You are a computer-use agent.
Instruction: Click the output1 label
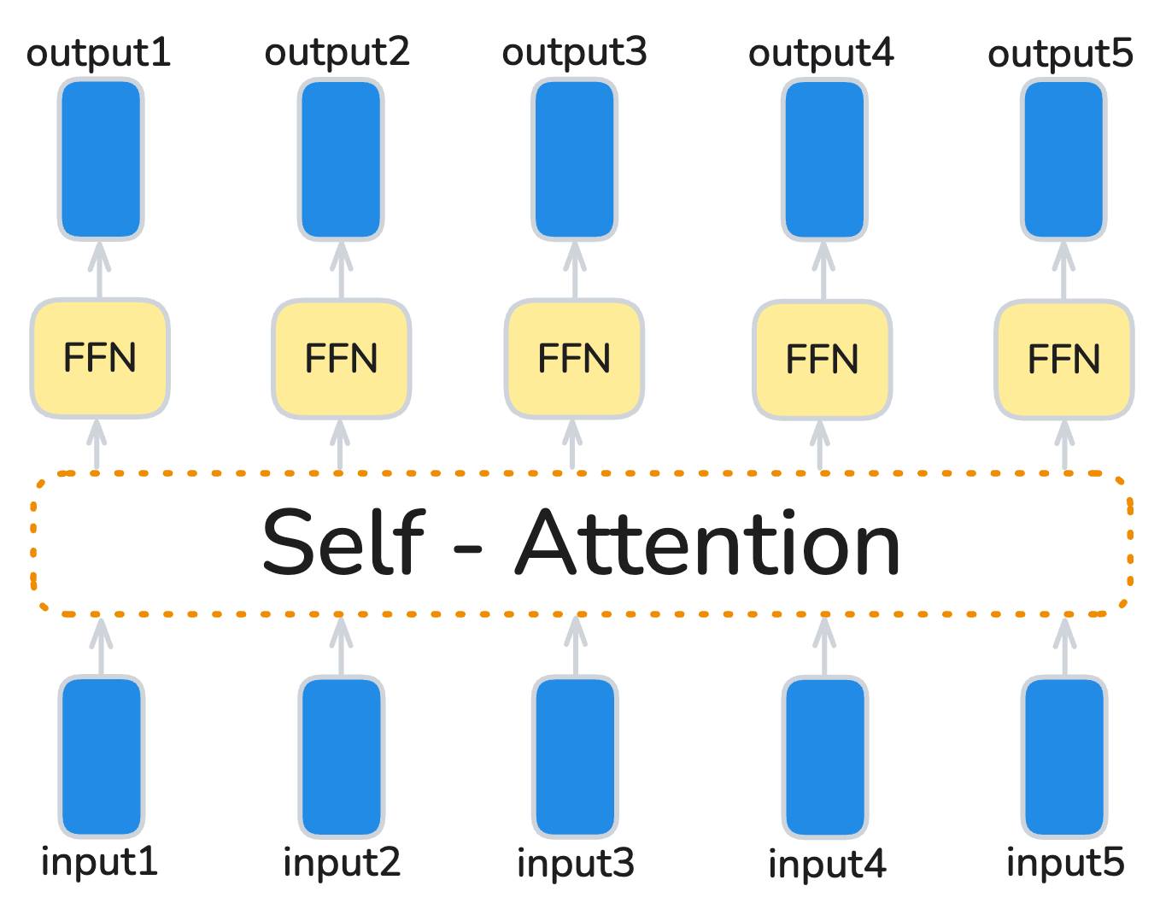click(98, 54)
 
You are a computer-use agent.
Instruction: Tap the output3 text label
click(574, 54)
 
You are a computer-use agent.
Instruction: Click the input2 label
click(341, 863)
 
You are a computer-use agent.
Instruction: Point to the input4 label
click(826, 865)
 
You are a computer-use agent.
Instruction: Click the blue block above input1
click(101, 756)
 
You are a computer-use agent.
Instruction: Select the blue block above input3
click(575, 756)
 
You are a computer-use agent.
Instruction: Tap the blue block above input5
click(1064, 756)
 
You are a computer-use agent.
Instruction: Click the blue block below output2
click(341, 159)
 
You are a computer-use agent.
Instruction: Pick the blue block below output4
click(824, 159)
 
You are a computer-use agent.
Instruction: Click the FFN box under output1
click(100, 358)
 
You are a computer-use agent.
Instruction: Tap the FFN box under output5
click(1063, 360)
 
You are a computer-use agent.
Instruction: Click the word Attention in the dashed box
click(709, 543)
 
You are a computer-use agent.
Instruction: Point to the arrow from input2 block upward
click(341, 645)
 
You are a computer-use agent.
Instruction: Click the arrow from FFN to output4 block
click(823, 270)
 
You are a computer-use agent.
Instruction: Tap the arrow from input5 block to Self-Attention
click(1064, 645)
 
